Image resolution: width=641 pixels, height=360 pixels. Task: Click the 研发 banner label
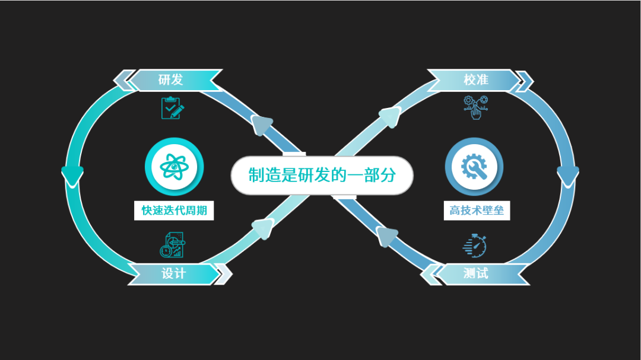[x=171, y=79]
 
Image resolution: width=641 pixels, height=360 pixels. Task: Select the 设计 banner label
[x=174, y=273]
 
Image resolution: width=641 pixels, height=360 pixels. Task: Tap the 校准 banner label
[x=476, y=79]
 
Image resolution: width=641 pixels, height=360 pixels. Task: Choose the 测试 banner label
[x=476, y=273]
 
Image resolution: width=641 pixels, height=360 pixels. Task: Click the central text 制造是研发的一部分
[x=322, y=176]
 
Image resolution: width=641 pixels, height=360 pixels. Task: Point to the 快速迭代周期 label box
[x=174, y=211]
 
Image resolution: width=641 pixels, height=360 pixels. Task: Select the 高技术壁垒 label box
[x=477, y=211]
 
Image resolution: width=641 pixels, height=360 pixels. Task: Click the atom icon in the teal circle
[x=174, y=167]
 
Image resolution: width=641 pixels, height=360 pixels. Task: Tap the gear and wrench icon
[x=474, y=167]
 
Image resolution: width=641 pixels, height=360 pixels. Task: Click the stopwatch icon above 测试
[x=475, y=246]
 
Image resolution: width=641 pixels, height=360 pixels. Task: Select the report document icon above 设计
[x=173, y=245]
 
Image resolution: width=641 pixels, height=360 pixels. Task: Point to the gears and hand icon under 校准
[x=475, y=107]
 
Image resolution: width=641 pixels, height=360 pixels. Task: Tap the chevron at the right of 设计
[x=224, y=274]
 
